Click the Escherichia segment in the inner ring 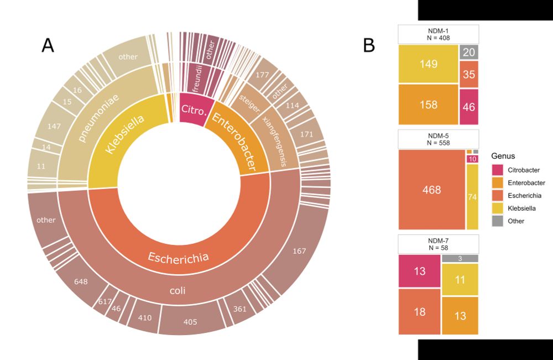[179, 257]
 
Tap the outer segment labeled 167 [299, 252]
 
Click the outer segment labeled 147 [54, 127]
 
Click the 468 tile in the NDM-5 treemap [431, 190]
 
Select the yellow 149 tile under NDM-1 [428, 64]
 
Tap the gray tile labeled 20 [469, 52]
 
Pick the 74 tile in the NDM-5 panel [472, 197]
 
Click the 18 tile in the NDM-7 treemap [419, 311]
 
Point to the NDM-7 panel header [438, 244]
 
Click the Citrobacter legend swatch [497, 170]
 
